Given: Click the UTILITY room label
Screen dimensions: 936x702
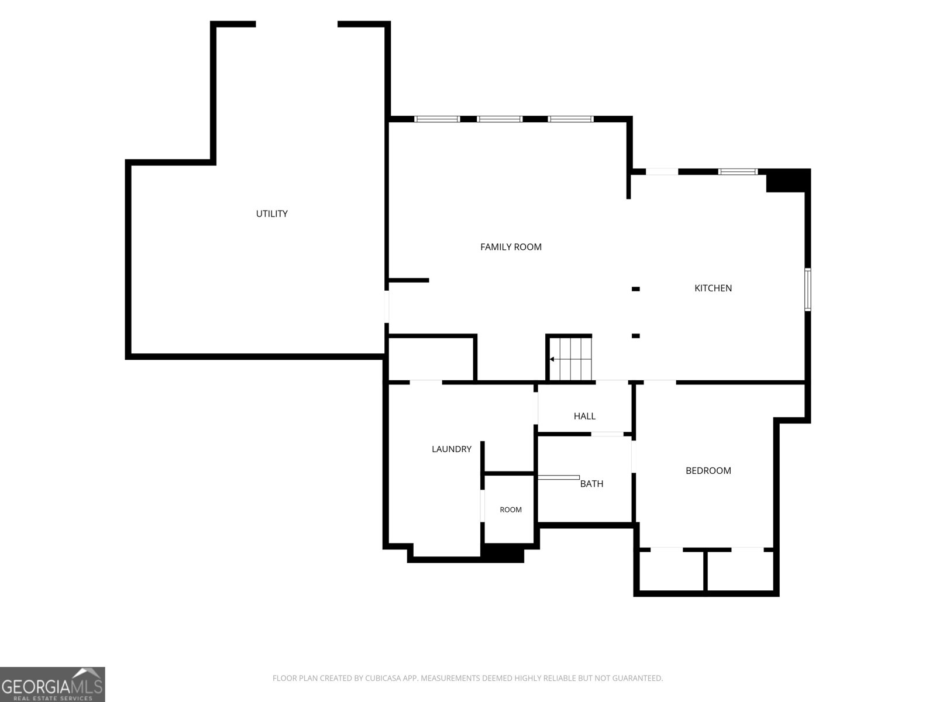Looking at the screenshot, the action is (x=271, y=214).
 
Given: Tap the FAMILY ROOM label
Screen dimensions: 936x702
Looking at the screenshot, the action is (x=511, y=247).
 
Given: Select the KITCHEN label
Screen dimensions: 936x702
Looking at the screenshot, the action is (x=713, y=288).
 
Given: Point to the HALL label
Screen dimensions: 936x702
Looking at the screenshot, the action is (x=584, y=416).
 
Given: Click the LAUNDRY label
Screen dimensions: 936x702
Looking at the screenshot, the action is (x=452, y=449).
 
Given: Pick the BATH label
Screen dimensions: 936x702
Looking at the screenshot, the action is (x=591, y=484).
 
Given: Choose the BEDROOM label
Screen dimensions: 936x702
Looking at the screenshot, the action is (x=708, y=470).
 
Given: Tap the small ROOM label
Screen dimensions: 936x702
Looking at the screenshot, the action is (x=511, y=510).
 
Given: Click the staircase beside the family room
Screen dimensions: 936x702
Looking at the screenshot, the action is (x=570, y=359).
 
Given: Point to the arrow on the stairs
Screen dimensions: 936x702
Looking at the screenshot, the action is (x=560, y=359).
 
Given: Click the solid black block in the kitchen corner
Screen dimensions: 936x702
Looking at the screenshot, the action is (x=787, y=181).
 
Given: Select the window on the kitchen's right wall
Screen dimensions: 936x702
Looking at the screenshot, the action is (x=808, y=290).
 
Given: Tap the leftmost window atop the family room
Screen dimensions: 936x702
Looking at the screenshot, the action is (x=437, y=119).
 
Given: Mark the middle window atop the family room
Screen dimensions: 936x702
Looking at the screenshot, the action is (x=500, y=119).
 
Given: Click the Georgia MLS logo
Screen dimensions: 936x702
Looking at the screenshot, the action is (x=53, y=684).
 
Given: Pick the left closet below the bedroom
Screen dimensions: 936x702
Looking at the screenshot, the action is (x=671, y=571).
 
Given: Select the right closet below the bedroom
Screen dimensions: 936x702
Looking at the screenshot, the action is (x=741, y=571).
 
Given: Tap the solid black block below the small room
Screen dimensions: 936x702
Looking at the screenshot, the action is (x=503, y=553).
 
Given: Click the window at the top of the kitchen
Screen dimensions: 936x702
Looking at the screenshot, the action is (x=738, y=172).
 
